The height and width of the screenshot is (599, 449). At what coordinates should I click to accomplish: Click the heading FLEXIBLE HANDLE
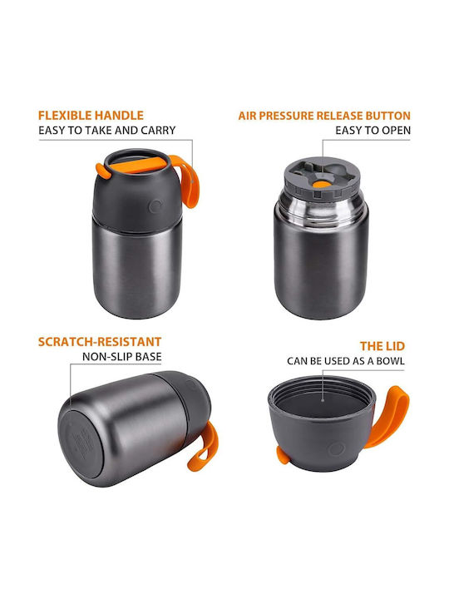pyautogui.click(x=91, y=116)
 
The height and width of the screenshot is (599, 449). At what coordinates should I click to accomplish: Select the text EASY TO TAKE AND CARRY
pyautogui.click(x=107, y=131)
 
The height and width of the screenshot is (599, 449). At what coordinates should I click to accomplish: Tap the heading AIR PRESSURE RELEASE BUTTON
pyautogui.click(x=324, y=116)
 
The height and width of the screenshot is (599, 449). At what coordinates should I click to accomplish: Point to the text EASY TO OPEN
pyautogui.click(x=373, y=131)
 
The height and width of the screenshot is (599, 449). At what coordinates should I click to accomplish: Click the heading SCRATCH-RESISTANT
pyautogui.click(x=100, y=342)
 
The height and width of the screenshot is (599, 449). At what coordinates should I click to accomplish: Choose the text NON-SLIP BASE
pyautogui.click(x=121, y=357)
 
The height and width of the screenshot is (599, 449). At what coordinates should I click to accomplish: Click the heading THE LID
pyautogui.click(x=382, y=346)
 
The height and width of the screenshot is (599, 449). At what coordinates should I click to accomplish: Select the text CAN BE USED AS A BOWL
pyautogui.click(x=346, y=361)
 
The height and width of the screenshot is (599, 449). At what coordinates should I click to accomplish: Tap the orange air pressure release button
pyautogui.click(x=322, y=185)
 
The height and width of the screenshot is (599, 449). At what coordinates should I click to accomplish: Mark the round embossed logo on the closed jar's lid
pyautogui.click(x=155, y=206)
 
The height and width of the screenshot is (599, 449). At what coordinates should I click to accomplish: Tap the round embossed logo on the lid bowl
pyautogui.click(x=337, y=449)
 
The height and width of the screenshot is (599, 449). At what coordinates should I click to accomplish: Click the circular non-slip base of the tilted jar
pyautogui.click(x=81, y=443)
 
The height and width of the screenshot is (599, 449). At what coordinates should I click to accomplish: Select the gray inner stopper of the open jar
pyautogui.click(x=322, y=178)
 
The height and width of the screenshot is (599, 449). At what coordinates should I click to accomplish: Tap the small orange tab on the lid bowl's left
pyautogui.click(x=282, y=455)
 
